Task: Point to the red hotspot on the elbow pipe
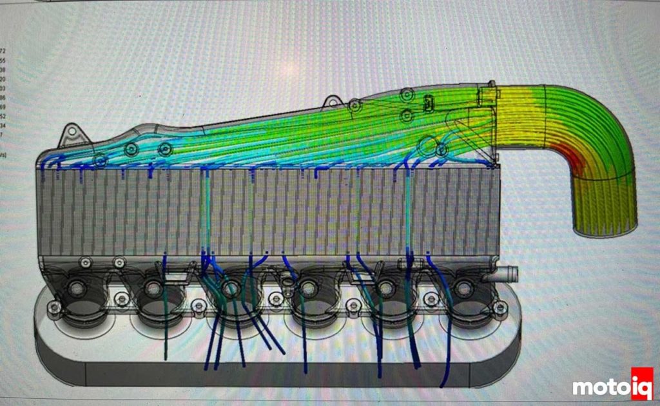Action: tap(576, 162)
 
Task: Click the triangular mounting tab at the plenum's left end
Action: tap(70, 138)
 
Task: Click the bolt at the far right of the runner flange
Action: tap(500, 309)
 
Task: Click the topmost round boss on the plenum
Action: tap(405, 96)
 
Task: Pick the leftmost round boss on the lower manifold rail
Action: tap(84, 262)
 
